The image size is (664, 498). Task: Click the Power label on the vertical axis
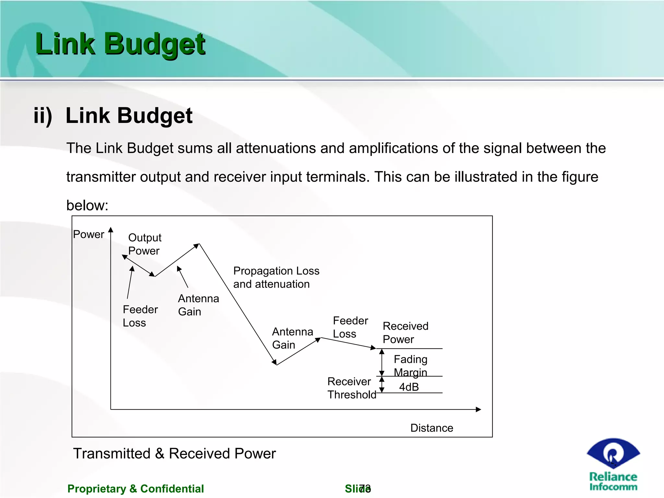[x=88, y=234]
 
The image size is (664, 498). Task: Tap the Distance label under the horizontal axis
[x=432, y=428]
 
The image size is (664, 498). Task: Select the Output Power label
[x=145, y=244]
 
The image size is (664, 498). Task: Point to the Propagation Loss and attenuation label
[x=276, y=277]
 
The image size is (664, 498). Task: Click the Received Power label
[x=405, y=333]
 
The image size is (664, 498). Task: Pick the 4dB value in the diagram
[x=409, y=387]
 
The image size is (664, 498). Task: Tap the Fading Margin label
[x=410, y=366]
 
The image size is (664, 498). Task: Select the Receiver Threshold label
[x=351, y=388]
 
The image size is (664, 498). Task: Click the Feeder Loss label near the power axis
[x=140, y=316]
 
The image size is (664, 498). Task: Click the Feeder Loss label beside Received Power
[x=350, y=327]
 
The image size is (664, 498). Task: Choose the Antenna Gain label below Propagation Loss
[x=292, y=338]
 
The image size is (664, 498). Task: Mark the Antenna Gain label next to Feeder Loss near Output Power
[x=198, y=305]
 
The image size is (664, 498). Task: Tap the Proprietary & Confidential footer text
[x=136, y=489]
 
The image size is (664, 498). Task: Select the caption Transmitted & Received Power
[x=174, y=453]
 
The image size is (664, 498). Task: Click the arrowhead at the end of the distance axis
[x=479, y=409]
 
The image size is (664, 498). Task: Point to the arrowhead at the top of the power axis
[x=111, y=230]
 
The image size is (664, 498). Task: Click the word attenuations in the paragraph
[x=290, y=148]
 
